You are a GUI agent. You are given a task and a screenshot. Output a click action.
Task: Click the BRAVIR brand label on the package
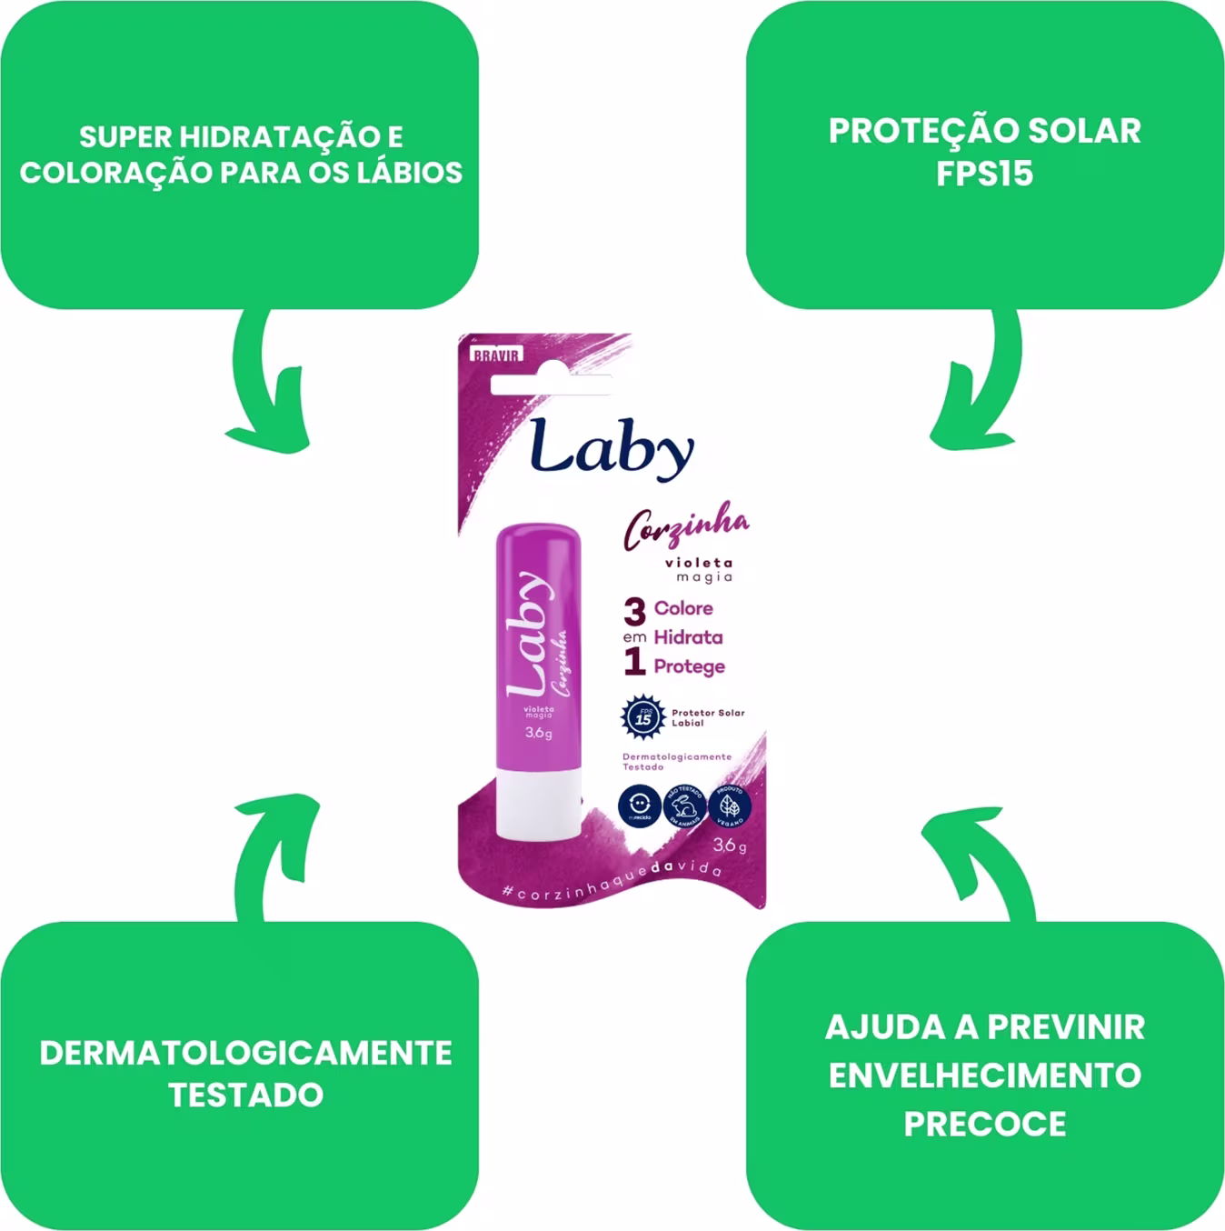pos(495,355)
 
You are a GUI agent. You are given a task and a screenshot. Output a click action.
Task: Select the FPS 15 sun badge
pos(642,716)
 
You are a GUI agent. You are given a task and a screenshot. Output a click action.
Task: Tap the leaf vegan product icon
pos(730,806)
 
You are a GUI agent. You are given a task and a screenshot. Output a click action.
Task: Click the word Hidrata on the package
pos(688,637)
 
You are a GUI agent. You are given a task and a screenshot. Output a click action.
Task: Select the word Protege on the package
pos(689,666)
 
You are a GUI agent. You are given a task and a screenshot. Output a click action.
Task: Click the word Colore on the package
pos(683,608)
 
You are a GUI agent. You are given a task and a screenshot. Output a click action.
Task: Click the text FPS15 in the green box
pos(984,174)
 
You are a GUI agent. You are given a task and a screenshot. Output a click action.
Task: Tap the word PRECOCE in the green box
pos(984,1124)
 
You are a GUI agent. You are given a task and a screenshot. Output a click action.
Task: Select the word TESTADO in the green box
pos(245,1095)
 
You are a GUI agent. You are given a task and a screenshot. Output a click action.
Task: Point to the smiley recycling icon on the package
pos(640,806)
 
